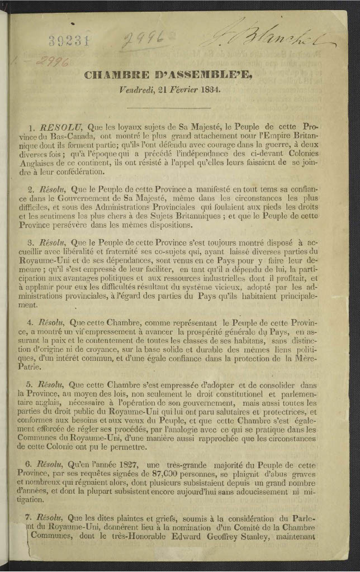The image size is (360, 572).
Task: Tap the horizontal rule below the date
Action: click(174, 108)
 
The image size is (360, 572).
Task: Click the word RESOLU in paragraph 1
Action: click(55, 128)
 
